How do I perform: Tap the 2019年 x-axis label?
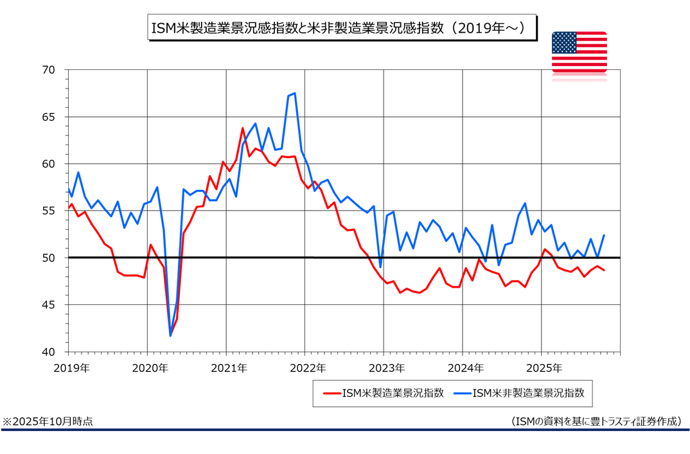coord(71,369)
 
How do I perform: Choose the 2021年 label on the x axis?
coord(229,369)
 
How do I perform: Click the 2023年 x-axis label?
coord(386,369)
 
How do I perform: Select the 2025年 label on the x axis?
coord(544,369)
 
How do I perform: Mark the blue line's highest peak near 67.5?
coord(294,93)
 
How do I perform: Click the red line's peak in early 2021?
coord(243,128)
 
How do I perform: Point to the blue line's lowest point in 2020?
coord(170,336)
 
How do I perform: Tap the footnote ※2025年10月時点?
coord(48,421)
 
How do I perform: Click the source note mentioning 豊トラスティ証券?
coord(596,421)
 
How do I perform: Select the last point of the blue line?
coord(604,235)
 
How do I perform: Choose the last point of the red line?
coord(604,270)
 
